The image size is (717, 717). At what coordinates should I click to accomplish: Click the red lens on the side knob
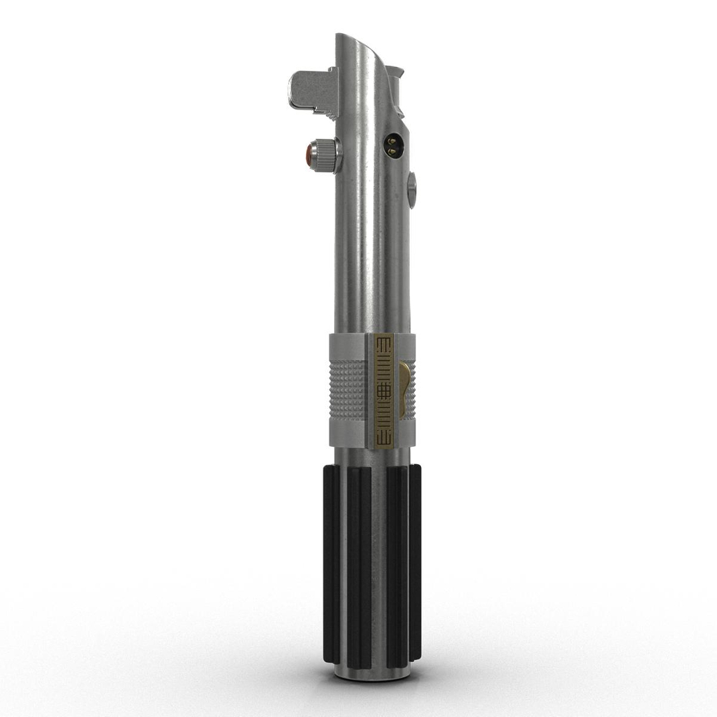point(310,155)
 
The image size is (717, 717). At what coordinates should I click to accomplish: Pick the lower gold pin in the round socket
point(392,151)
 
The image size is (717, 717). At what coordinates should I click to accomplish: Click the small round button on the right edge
point(412,190)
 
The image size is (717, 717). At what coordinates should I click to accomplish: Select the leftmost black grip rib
point(331,564)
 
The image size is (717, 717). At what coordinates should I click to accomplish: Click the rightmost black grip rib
point(415,564)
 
